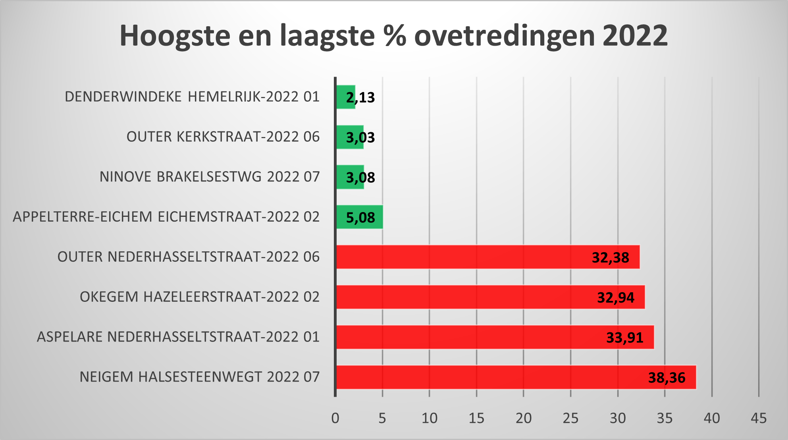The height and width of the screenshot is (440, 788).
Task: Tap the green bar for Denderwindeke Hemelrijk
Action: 342,97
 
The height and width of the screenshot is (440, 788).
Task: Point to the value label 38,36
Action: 667,377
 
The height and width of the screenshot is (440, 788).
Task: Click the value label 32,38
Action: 610,257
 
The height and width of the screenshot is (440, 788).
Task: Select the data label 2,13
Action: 360,97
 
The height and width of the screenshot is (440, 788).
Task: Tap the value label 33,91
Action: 624,338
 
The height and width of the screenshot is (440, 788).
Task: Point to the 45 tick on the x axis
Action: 758,418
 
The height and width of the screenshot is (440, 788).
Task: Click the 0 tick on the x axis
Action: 335,418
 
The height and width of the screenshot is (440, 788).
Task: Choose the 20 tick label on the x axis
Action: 523,418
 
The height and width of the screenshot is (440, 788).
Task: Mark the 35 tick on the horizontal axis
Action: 665,418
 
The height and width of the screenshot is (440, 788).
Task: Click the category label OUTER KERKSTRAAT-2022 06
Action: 223,137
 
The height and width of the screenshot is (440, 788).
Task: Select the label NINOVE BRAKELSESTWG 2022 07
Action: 209,177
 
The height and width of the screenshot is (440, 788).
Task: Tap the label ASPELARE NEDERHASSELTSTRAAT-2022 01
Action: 178,337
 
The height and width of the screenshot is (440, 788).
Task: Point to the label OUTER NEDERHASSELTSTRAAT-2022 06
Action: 188,257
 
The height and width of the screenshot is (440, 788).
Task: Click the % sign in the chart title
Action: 395,36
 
